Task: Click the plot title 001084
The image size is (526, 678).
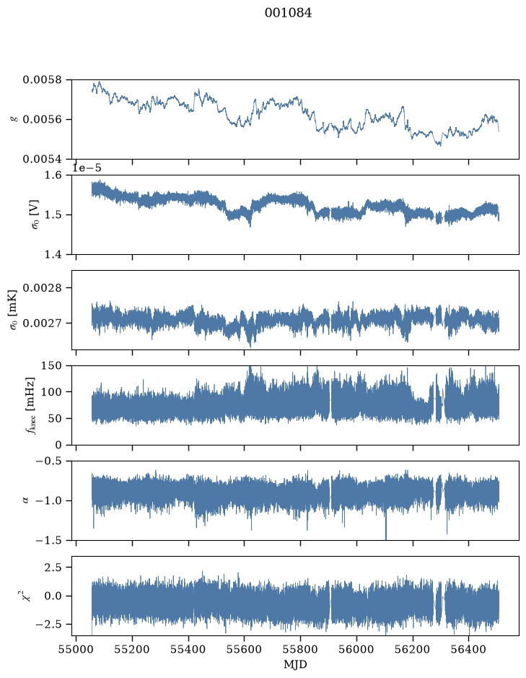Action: [288, 13]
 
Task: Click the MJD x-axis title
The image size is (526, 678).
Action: [295, 664]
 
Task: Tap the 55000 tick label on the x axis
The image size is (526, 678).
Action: [76, 650]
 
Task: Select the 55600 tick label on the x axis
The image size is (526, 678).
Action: [244, 650]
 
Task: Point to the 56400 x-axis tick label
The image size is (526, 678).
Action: [469, 650]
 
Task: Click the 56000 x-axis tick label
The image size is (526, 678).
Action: [357, 650]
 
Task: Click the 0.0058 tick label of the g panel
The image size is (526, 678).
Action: [43, 80]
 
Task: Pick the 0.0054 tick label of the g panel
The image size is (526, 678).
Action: [43, 159]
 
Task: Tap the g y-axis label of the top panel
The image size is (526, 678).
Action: [14, 119]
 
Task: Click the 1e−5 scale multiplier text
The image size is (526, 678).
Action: [87, 168]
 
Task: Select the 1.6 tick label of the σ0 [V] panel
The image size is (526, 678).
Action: [53, 175]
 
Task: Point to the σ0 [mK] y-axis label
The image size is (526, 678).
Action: [14, 310]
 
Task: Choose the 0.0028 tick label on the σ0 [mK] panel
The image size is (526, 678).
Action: [43, 288]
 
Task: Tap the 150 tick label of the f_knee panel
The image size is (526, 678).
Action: [52, 366]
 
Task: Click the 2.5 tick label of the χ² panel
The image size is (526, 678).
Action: [53, 568]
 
